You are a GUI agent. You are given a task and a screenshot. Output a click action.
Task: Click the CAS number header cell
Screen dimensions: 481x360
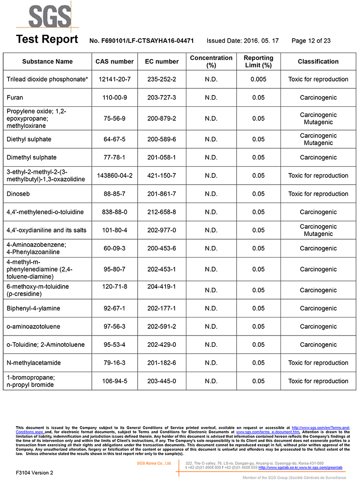click(115, 61)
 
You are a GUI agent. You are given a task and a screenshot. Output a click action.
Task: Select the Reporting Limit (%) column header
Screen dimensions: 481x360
click(258, 61)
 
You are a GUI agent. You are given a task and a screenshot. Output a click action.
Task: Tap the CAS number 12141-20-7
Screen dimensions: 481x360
click(115, 79)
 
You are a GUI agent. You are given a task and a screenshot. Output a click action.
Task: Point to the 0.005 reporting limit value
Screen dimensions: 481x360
click(258, 79)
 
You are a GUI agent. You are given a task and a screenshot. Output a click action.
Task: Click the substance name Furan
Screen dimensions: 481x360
click(15, 97)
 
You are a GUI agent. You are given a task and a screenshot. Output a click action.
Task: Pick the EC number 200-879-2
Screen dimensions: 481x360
click(162, 118)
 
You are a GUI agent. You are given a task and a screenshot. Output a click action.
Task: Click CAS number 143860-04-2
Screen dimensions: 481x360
click(115, 176)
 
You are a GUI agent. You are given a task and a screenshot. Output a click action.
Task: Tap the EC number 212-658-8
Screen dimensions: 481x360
click(162, 212)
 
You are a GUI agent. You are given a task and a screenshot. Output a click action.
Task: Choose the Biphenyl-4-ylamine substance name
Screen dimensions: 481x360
click(33, 309)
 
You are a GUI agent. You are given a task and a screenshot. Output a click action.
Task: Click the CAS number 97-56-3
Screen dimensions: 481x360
click(115, 327)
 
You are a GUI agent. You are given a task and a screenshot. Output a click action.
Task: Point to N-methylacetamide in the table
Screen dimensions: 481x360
click(34, 363)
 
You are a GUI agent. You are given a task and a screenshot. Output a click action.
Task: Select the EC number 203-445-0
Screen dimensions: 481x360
click(162, 381)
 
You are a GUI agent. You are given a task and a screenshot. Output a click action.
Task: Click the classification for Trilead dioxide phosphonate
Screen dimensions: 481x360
click(318, 79)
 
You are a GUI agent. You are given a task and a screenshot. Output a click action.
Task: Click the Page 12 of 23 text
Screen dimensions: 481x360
click(311, 41)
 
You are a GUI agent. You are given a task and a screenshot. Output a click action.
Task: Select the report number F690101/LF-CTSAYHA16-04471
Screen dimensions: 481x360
click(142, 41)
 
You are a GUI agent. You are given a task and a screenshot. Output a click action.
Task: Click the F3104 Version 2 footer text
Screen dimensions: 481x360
click(34, 472)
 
